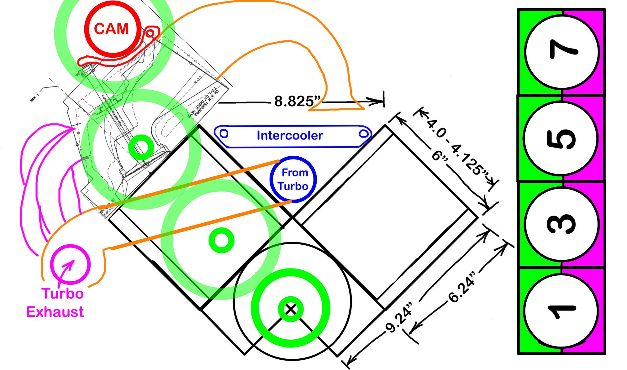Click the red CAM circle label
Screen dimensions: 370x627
point(111,29)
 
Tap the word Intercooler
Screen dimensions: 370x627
point(290,135)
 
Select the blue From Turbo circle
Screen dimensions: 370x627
point(293,179)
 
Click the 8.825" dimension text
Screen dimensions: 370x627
point(297,101)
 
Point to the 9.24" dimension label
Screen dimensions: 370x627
point(399,317)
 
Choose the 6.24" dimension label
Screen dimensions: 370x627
point(462,288)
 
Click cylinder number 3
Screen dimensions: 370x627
point(562,224)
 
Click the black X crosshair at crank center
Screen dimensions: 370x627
point(291,309)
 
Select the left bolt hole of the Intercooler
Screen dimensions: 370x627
point(224,133)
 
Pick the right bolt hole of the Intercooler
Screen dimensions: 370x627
point(364,134)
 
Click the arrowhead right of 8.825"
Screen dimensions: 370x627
point(376,101)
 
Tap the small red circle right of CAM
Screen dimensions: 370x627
point(150,33)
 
